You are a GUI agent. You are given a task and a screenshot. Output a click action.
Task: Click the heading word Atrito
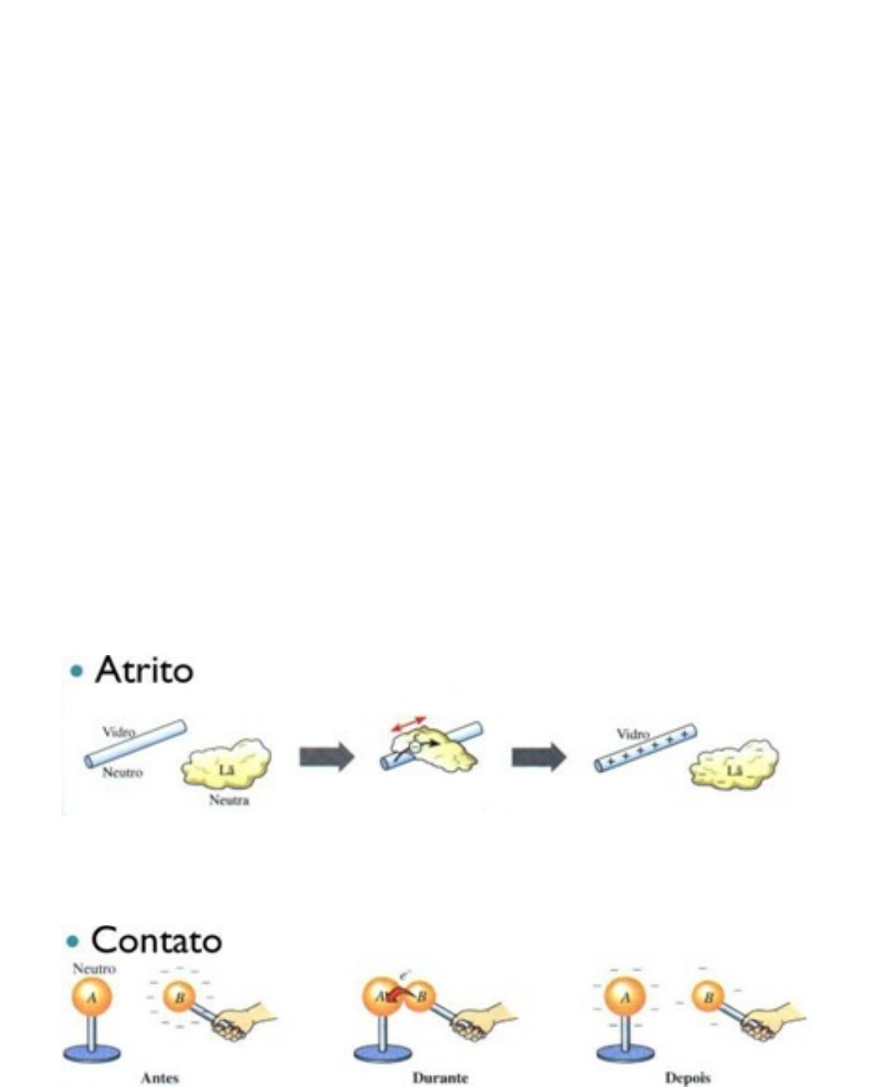point(144,670)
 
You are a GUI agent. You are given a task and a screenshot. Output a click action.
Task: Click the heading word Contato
point(156,939)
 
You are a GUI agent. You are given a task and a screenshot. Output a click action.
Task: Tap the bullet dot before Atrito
point(78,671)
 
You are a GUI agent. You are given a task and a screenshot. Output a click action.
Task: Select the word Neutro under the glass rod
point(122,772)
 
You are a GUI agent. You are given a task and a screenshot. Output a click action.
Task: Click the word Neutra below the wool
point(228,800)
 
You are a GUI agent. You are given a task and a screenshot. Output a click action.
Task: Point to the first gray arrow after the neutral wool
point(326,757)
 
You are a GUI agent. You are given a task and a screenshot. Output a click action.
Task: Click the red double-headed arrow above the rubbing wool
point(409,724)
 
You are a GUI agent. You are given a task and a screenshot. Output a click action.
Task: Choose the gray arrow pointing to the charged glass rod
point(539,757)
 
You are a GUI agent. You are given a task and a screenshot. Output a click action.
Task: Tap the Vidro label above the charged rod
point(632,734)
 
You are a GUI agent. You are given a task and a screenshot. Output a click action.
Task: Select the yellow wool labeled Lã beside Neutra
point(226,763)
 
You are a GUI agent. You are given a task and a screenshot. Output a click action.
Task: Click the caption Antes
point(159,1077)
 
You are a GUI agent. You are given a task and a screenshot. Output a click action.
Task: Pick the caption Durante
point(440,1077)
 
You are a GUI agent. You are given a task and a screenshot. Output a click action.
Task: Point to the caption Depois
point(687,1077)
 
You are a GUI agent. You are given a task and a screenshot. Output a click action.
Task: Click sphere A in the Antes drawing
point(91,998)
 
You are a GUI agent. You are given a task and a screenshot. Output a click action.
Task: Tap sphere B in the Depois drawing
point(708,998)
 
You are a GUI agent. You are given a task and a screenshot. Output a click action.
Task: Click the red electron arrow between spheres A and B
point(396,996)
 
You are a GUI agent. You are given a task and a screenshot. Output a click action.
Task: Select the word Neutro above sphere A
point(94,968)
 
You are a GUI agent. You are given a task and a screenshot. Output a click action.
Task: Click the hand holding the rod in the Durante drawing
point(472,1023)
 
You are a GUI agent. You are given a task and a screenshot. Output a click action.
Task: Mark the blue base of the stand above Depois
point(626,1051)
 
